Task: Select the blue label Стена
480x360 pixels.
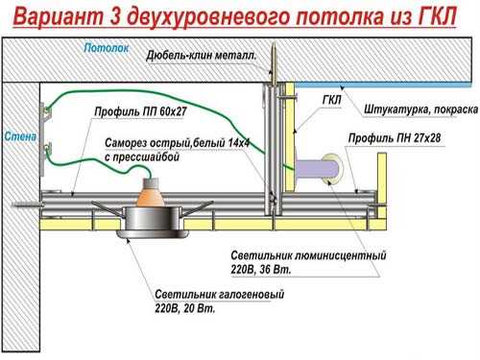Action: (18, 136)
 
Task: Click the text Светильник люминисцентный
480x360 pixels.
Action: (309, 257)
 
